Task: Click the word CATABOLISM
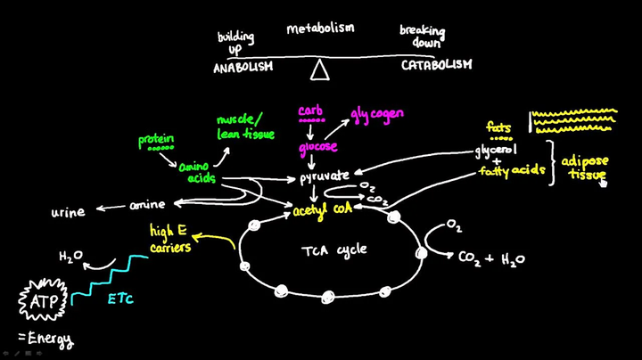click(436, 65)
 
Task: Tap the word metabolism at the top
click(320, 28)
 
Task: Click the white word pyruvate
click(325, 176)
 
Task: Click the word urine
click(68, 211)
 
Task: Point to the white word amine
click(148, 205)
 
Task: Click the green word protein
click(156, 140)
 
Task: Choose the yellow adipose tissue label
click(585, 167)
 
